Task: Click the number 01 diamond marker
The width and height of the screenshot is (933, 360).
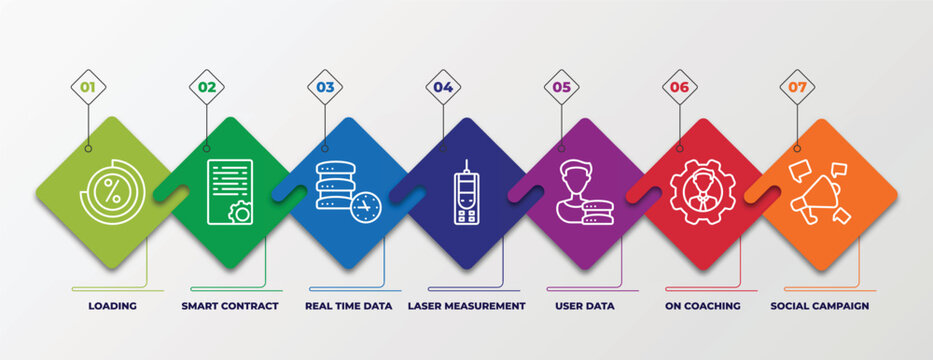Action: (x=88, y=87)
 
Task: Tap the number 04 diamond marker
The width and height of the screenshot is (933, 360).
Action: (x=443, y=87)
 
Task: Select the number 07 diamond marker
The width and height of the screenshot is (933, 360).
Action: (x=797, y=87)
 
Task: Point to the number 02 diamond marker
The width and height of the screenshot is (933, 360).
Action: (x=207, y=87)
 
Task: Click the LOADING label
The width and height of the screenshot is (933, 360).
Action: (x=113, y=306)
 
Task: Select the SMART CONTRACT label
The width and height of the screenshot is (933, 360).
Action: (x=231, y=306)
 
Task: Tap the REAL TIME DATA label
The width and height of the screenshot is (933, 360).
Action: (x=349, y=306)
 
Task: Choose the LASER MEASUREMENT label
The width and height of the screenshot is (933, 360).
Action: (x=467, y=306)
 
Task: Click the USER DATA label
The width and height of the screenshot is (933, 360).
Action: (x=585, y=306)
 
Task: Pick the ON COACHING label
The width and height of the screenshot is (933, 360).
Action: (x=703, y=306)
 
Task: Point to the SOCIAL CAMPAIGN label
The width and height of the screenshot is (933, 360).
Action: (x=820, y=306)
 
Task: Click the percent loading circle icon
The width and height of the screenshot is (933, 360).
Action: (x=113, y=193)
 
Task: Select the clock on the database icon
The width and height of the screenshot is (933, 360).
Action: (x=366, y=207)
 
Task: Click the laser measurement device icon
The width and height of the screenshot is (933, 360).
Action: (x=467, y=191)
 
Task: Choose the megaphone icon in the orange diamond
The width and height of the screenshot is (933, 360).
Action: (x=819, y=193)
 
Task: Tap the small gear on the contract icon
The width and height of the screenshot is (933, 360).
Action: (x=240, y=212)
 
